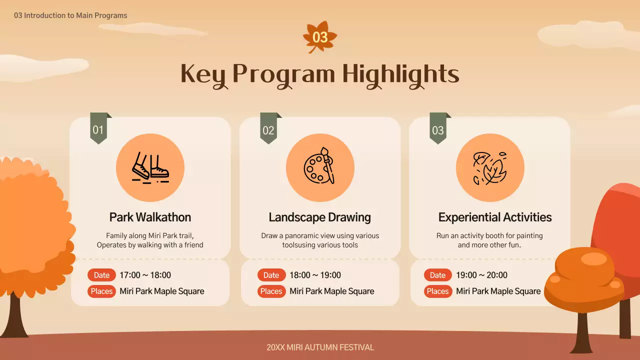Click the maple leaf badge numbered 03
320,37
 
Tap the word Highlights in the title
400,74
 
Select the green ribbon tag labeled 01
98,130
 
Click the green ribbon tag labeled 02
268,130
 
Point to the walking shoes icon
150,167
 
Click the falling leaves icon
490,167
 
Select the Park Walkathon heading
150,217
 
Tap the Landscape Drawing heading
320,217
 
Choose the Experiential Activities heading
495,217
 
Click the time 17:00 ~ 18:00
145,275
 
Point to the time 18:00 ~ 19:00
315,275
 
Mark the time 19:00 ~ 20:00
481,275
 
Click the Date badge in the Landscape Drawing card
271,275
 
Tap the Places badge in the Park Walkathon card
101,291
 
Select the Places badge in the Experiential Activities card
437,291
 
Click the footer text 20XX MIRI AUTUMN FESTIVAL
320,347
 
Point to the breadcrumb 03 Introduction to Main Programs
70,15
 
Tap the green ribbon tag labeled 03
438,130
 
